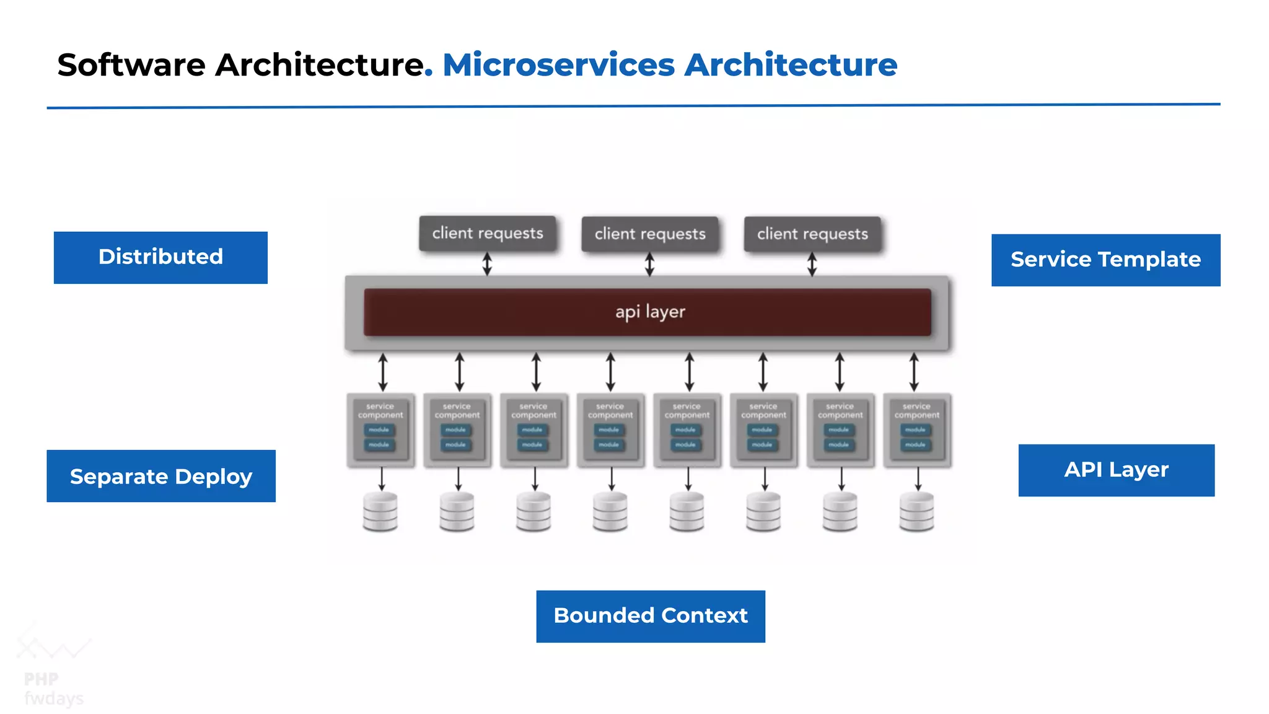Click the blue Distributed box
[x=160, y=257]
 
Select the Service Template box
[x=1105, y=260]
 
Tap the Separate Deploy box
[x=161, y=476]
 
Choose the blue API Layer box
[x=1116, y=470]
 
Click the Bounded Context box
[x=651, y=616]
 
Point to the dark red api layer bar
[x=648, y=312]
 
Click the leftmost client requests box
[x=488, y=233]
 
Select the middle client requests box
[x=650, y=234]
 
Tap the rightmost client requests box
[x=812, y=234]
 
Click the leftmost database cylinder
[x=380, y=512]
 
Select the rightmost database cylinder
[x=916, y=512]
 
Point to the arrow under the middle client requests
[x=649, y=264]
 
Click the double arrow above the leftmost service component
[x=383, y=372]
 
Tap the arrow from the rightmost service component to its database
[x=918, y=479]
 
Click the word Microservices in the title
[x=558, y=64]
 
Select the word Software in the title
[x=131, y=64]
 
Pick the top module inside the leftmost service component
[x=379, y=430]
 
